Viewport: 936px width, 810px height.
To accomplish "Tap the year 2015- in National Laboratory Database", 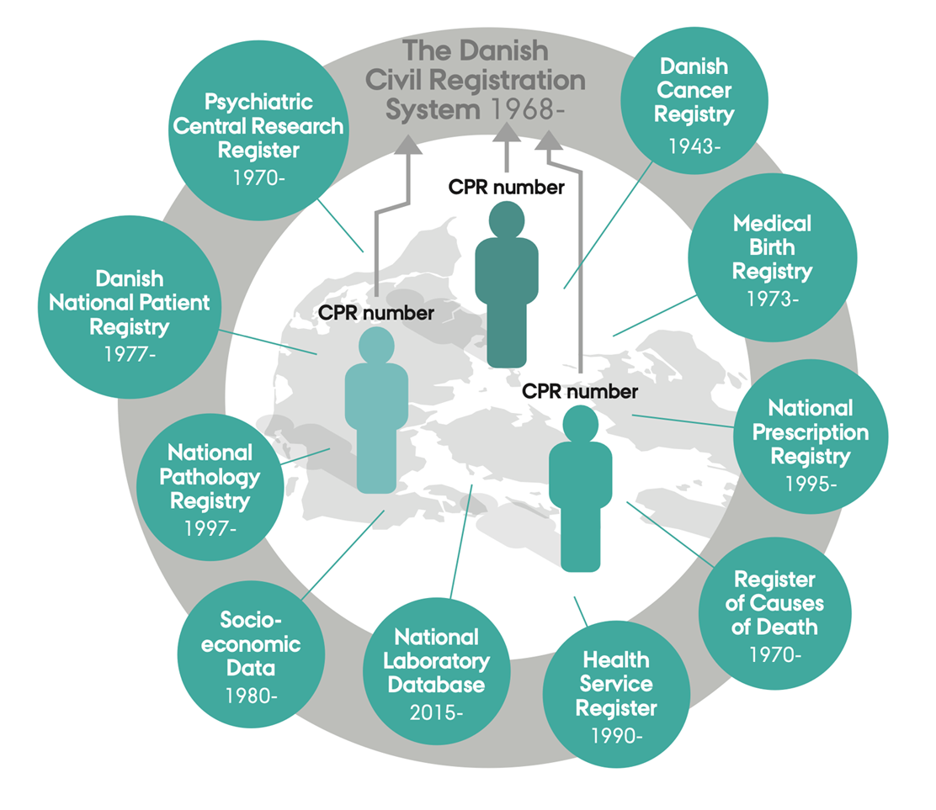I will [436, 712].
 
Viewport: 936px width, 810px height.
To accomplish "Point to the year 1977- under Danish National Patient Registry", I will [130, 353].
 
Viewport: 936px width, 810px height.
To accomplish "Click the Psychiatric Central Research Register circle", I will [258, 137].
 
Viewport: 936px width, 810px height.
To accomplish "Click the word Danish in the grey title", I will [505, 51].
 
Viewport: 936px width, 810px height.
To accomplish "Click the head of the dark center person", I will [506, 220].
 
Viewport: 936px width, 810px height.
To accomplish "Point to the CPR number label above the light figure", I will [376, 313].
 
